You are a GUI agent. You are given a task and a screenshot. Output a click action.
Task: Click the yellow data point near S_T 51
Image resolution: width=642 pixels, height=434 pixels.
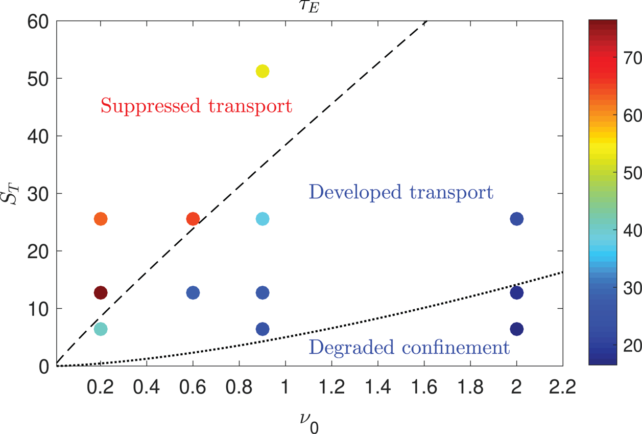coord(263,71)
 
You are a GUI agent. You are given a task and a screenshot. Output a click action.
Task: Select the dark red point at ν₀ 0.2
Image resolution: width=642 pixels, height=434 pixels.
coord(101,293)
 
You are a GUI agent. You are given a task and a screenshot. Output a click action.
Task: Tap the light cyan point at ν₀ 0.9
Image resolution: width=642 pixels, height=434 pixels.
coord(263,219)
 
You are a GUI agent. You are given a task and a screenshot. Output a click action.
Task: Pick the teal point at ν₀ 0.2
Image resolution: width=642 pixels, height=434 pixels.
coord(101,329)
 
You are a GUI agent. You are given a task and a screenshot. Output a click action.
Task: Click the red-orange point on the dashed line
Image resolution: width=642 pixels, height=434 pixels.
coord(193,219)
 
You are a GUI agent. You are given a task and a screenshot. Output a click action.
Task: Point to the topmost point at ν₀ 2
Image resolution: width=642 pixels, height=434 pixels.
coord(517,219)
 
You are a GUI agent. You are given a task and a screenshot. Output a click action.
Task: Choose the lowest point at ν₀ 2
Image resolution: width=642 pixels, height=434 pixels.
coord(517,329)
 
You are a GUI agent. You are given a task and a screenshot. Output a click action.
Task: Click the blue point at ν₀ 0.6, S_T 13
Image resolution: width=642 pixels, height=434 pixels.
coord(193,293)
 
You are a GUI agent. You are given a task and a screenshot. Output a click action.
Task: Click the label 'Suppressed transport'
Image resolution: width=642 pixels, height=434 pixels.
coord(196,106)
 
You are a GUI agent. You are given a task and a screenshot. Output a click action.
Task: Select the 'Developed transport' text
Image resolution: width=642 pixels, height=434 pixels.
coord(401,192)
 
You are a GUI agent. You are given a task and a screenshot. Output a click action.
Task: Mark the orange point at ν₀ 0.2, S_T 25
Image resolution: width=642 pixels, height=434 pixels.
coord(101,219)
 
